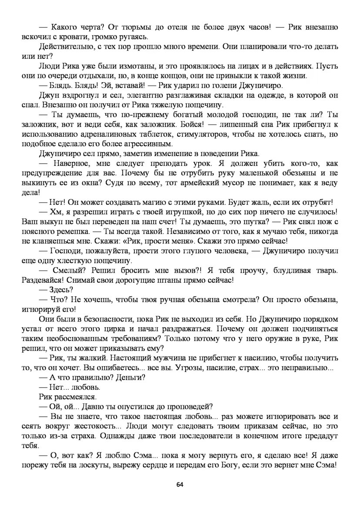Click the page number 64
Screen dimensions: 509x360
pyautogui.click(x=180, y=484)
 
